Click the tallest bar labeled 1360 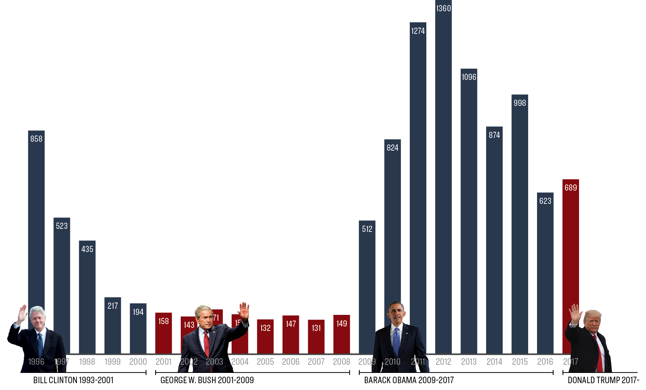coord(443,171)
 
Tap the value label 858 coord(36,139)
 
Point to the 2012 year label coord(443,362)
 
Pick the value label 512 coord(367,229)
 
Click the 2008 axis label coord(342,362)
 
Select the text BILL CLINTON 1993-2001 coord(73,380)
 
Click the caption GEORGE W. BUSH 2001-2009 coord(207,380)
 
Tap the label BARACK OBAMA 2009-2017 coord(409,380)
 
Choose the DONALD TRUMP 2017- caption coord(603,380)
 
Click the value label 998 coord(520,103)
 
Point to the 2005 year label coord(265,362)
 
